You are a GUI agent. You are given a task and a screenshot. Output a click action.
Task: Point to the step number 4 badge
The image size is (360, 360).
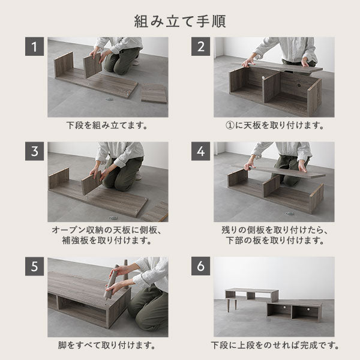pyautogui.click(x=201, y=153)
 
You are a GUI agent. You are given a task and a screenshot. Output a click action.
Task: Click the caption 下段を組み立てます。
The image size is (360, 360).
pyautogui.click(x=107, y=126)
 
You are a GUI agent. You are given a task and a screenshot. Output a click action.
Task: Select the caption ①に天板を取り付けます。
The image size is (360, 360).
pyautogui.click(x=274, y=126)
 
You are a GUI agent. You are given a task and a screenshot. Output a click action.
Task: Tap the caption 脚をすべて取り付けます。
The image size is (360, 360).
pyautogui.click(x=107, y=346)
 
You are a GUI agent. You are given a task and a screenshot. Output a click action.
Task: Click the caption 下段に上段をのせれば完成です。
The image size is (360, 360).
pyautogui.click(x=274, y=346)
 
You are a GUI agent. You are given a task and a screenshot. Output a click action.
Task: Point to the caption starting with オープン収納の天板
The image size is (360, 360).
pyautogui.click(x=107, y=235)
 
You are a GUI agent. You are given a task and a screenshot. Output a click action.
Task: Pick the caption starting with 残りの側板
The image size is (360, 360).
pyautogui.click(x=274, y=235)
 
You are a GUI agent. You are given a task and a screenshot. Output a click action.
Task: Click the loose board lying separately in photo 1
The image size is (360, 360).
pyautogui.click(x=154, y=94)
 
